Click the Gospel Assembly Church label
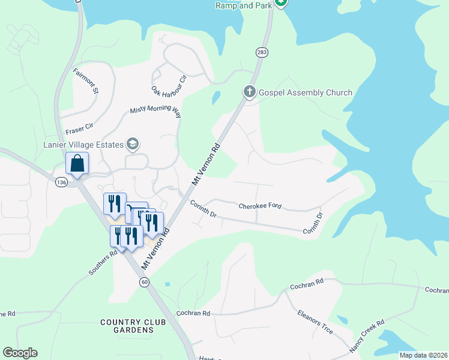306,92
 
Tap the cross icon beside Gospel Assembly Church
250,92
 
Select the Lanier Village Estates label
82,144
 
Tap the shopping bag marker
77,163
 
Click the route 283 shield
262,53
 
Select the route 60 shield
144,282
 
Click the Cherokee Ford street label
260,206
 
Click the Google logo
20,353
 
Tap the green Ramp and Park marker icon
281,2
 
